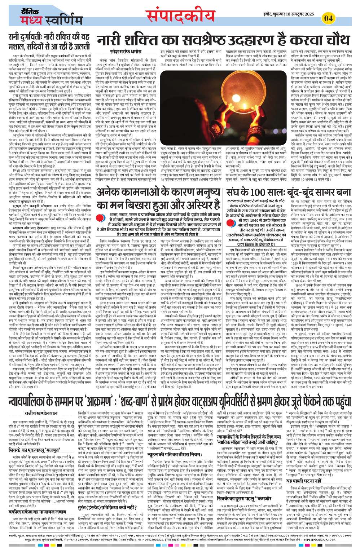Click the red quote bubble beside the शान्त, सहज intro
coord(101,218)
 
